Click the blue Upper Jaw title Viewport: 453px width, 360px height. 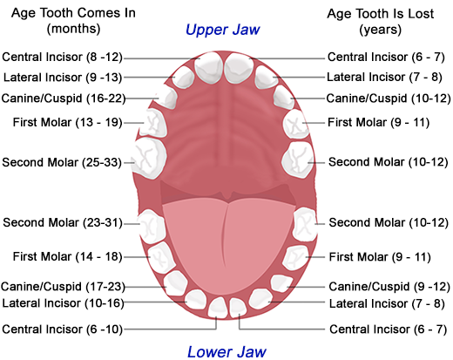click(x=223, y=31)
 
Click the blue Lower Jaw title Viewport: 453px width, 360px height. click(x=226, y=352)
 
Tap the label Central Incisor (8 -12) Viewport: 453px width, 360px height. click(x=63, y=57)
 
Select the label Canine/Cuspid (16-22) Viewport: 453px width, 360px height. click(x=64, y=98)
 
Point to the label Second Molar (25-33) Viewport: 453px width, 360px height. click(x=62, y=162)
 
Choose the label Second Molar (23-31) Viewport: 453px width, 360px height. click(x=63, y=223)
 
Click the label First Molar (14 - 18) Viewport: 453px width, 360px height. click(x=67, y=257)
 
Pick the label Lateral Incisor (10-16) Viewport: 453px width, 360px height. click(x=63, y=303)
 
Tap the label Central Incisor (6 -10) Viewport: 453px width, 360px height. click(x=63, y=329)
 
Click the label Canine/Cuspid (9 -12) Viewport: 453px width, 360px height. click(x=389, y=287)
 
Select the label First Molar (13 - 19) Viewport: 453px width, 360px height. click(x=67, y=122)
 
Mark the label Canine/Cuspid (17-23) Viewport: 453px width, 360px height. click(x=63, y=287)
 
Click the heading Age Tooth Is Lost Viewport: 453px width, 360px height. click(x=381, y=14)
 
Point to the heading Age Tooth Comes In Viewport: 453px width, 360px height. click(x=73, y=13)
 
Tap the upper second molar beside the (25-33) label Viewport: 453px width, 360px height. click(x=149, y=159)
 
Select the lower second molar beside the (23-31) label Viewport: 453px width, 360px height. click(x=152, y=227)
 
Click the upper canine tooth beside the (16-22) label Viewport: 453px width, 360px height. click(x=166, y=97)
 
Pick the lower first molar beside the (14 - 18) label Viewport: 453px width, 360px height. click(x=161, y=258)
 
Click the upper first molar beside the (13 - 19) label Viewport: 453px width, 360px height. click(x=153, y=122)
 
